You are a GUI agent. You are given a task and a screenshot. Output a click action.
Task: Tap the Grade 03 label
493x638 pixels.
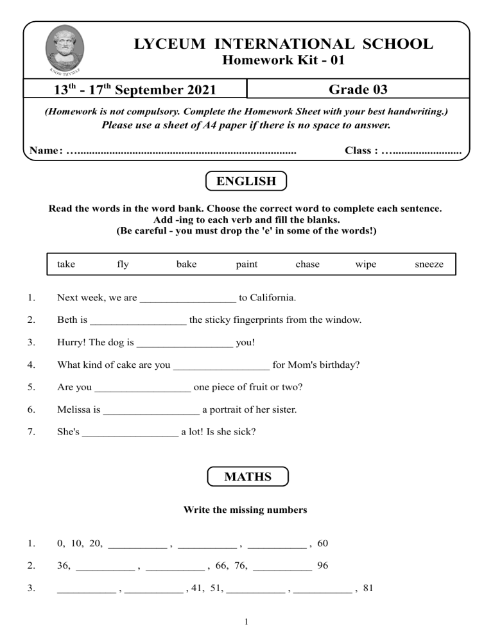[x=358, y=89]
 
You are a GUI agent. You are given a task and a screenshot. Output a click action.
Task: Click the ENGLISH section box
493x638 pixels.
[x=246, y=181]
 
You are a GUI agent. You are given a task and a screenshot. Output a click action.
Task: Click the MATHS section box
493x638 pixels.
[x=248, y=477]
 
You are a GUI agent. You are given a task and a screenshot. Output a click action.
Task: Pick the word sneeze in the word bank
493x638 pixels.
[x=429, y=264]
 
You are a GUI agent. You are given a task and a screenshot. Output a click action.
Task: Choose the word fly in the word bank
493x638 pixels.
[x=123, y=264]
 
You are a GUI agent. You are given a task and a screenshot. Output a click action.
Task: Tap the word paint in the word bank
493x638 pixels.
[x=246, y=264]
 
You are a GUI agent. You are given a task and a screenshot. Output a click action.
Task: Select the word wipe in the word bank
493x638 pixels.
[x=366, y=264]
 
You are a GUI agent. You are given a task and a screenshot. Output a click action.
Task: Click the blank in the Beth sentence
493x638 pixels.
[x=139, y=320]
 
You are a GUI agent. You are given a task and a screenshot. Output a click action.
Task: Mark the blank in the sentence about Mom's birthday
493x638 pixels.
[x=221, y=366]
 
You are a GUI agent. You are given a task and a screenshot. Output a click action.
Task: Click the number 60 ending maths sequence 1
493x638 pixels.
[x=323, y=544]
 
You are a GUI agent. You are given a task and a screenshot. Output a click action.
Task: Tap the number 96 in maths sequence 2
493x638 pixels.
[x=323, y=566]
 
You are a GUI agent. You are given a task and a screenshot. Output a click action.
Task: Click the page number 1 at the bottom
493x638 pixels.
[x=247, y=621]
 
